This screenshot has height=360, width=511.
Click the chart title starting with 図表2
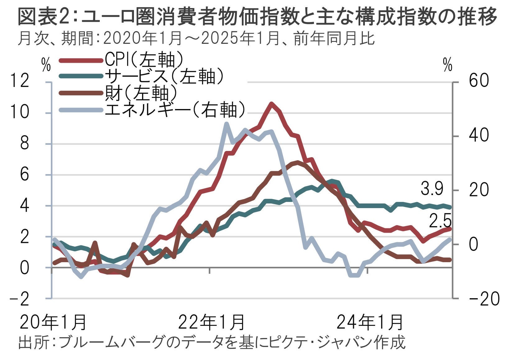click(257, 17)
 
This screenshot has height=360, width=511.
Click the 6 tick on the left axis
click(24, 175)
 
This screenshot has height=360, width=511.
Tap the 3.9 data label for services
click(432, 189)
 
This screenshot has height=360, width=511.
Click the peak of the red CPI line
click(271, 103)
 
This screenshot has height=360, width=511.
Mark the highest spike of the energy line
click(226, 124)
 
